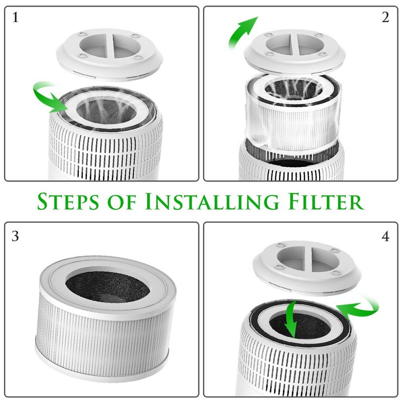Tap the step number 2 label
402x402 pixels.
(x=385, y=18)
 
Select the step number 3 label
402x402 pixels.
(x=15, y=236)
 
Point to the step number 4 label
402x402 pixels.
(x=385, y=236)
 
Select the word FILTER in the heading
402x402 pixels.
(x=322, y=201)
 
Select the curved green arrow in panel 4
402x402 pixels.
(x=358, y=307)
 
